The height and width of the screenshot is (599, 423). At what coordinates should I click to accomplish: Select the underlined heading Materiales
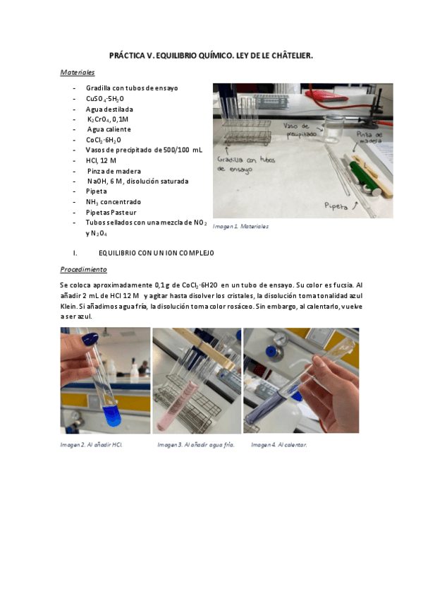tap(78, 72)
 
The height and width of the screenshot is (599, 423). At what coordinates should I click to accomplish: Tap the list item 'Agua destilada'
tap(109, 109)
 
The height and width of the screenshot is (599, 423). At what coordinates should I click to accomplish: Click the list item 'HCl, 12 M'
tap(102, 160)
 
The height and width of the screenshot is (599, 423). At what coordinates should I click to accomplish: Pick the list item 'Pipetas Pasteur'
tap(111, 212)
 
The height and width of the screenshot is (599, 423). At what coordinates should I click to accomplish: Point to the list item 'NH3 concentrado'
tap(114, 201)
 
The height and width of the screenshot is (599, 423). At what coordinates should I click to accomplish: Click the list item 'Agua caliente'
tap(109, 129)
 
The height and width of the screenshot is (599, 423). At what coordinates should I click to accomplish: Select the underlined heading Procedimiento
tap(83, 269)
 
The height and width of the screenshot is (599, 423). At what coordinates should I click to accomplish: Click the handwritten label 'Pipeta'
tap(335, 206)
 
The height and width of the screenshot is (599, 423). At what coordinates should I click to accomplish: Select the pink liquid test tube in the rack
tap(192, 396)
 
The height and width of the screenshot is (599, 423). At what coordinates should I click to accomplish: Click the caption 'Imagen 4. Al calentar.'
tap(279, 445)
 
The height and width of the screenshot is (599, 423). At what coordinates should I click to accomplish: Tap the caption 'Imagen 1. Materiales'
tap(240, 227)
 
